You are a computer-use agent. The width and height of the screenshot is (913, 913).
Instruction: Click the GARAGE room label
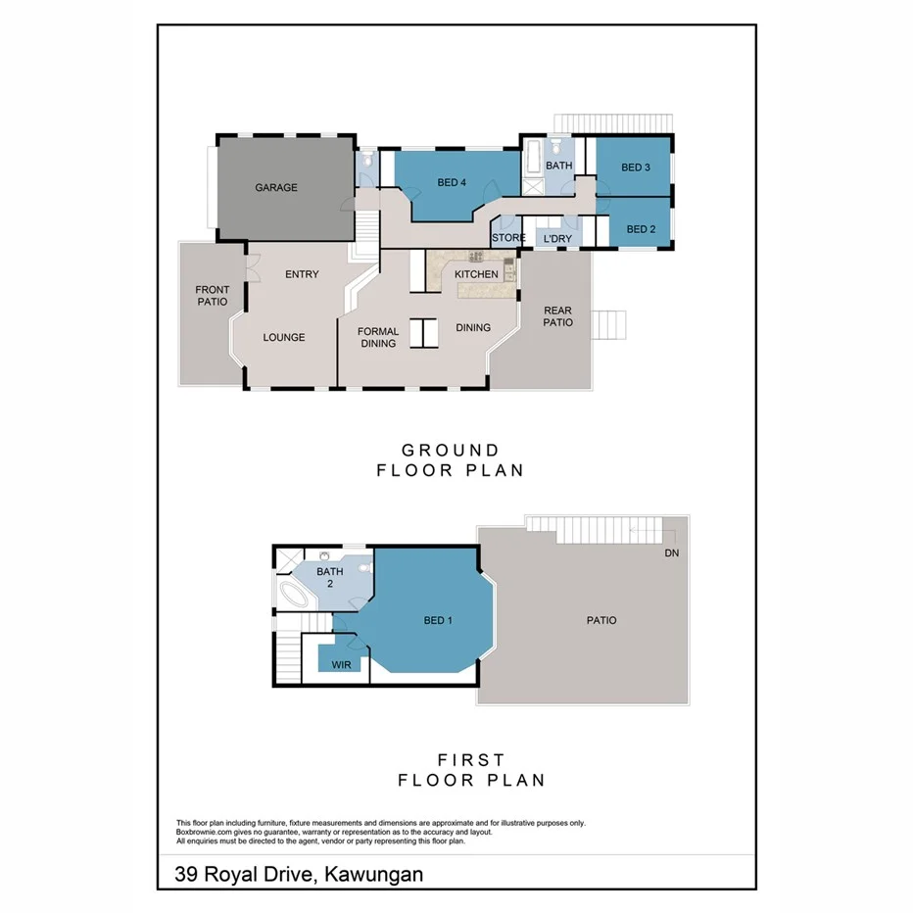pos(276,187)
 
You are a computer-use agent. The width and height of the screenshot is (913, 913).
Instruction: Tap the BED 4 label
pos(452,182)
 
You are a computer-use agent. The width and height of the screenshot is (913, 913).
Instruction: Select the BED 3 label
pos(636,168)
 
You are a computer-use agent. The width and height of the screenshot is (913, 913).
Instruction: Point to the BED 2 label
pos(640,229)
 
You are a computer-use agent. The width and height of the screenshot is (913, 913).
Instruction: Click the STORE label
pos(508,238)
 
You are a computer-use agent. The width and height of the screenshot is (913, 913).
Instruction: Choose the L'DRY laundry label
pos(556,239)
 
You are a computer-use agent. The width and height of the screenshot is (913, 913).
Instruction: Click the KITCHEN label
pos(476,274)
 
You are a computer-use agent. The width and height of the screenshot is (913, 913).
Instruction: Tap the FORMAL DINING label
pos(378,337)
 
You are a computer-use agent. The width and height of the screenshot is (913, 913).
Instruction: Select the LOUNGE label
pos(284,337)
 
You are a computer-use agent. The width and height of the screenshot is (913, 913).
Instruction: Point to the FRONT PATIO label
pos(212,295)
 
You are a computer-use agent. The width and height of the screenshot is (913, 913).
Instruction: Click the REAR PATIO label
pos(557,315)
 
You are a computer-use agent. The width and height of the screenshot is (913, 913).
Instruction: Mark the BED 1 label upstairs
pos(438,620)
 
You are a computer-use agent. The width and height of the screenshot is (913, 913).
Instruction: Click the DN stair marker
pos(672,553)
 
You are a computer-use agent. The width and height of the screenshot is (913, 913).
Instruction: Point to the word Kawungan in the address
pos(371,873)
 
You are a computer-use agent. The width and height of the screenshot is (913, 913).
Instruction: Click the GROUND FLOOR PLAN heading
pos(451,459)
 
